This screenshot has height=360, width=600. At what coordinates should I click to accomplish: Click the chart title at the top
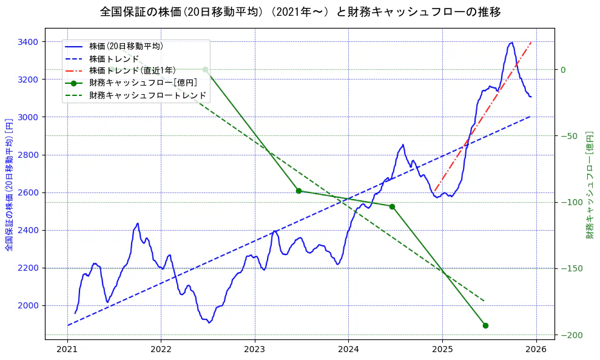point(300,12)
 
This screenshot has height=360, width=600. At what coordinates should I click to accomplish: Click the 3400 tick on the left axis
point(28,42)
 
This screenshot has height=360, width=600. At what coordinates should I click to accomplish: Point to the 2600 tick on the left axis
point(28,192)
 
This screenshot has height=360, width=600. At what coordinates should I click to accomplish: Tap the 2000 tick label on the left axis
point(28,305)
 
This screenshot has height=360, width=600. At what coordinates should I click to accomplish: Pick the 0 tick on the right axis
point(563,69)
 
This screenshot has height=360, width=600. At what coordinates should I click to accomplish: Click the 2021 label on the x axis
point(67,350)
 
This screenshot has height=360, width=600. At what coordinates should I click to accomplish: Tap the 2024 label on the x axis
point(348,350)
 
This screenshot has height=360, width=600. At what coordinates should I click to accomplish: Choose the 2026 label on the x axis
point(536,350)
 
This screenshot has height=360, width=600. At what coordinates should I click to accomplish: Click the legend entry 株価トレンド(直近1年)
point(132,70)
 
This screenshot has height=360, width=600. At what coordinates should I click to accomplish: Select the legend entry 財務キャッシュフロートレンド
point(148,95)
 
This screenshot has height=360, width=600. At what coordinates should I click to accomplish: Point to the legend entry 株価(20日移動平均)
point(126,46)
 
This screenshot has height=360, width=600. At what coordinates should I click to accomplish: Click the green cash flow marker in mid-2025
point(485,325)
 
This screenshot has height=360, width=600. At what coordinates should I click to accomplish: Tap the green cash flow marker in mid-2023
point(298,191)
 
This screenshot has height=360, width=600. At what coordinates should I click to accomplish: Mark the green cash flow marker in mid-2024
point(392,206)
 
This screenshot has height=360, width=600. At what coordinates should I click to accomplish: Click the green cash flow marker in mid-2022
point(205,69)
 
